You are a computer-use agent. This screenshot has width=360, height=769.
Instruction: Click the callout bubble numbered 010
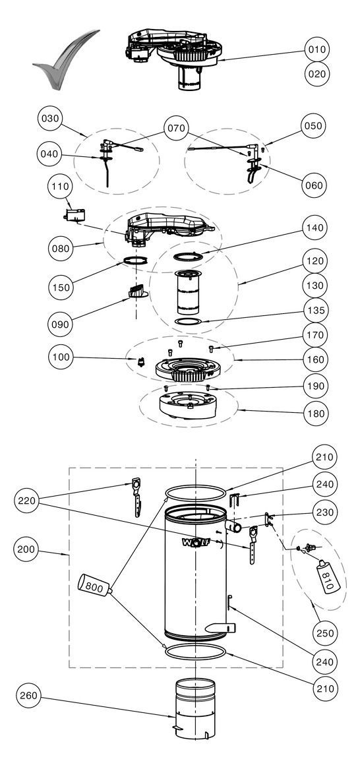pos(317,49)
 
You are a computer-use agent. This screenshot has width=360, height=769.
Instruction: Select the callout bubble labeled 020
pos(317,74)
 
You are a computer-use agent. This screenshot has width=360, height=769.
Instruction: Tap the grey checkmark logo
pos(65,59)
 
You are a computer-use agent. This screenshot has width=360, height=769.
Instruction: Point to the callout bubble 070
pos(176,129)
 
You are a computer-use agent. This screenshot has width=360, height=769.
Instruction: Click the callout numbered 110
pos(60,187)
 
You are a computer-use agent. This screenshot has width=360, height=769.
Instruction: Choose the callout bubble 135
pos(316,311)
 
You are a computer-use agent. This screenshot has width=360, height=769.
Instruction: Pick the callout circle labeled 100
pos(61,357)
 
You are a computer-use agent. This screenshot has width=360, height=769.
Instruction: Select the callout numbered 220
pos(27,501)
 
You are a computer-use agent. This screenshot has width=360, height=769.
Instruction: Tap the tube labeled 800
pos(95,584)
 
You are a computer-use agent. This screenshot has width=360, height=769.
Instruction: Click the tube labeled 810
pos(328,576)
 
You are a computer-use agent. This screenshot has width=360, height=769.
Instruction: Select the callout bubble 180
pos(316,414)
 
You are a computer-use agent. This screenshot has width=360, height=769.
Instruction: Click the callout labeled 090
pos(61,324)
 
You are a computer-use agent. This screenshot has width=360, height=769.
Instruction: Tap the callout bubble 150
pos(61,288)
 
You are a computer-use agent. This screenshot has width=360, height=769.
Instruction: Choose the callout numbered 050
pos(313,125)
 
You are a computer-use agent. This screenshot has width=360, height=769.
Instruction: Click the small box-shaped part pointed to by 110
pos(75,215)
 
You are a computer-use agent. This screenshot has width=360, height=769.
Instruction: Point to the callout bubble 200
pos(27,549)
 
